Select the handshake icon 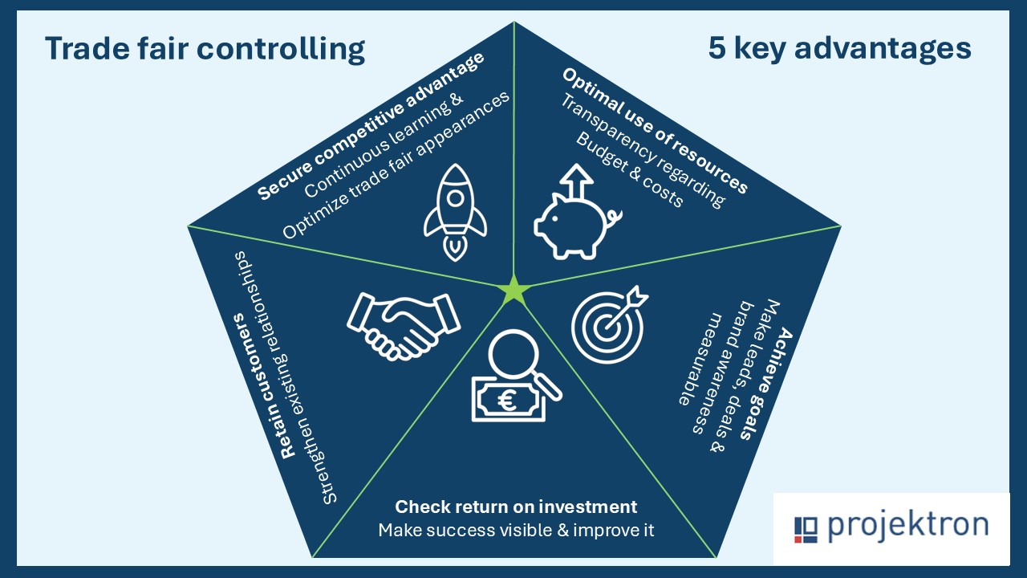click(404, 326)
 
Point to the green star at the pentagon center click(514, 291)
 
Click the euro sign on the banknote click(507, 401)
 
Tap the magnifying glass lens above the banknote click(513, 354)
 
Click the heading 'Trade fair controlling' click(205, 49)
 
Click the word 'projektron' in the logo click(907, 525)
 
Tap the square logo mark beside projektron click(806, 530)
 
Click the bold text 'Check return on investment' click(516, 507)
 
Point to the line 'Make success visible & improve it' click(516, 531)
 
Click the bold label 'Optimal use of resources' click(656, 130)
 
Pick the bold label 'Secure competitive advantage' click(371, 126)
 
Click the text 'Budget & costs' click(630, 169)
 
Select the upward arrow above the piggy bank click(577, 182)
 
